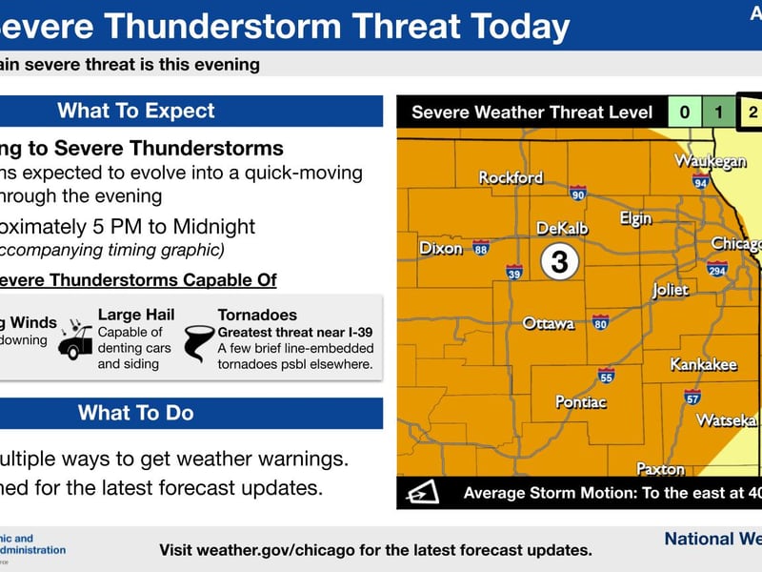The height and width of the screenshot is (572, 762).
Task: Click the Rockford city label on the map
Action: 511,177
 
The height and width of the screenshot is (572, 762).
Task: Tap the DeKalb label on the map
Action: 562,229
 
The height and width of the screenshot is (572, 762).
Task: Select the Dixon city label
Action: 441,249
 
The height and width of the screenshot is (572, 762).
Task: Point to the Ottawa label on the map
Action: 549,324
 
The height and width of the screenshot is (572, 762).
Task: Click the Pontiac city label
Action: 581,402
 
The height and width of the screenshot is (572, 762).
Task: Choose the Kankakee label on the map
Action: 703,365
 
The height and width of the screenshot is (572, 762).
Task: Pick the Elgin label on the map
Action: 635,218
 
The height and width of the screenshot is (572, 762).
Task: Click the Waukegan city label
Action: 710,161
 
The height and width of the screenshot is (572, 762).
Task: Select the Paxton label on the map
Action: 660,469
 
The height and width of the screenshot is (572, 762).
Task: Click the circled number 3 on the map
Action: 559,260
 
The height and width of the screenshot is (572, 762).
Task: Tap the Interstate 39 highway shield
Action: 514,272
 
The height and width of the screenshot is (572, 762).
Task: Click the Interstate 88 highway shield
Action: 481,248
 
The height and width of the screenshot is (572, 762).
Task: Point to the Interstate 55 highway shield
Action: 607,375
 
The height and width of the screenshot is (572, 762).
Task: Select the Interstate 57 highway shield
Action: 692,397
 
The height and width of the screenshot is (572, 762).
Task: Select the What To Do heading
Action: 135,413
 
